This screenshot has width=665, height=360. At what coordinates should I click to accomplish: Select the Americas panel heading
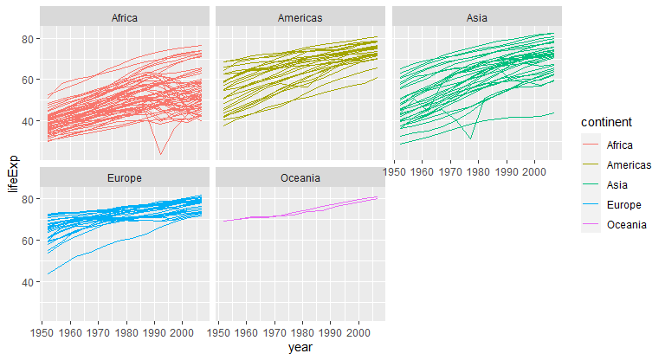(300, 17)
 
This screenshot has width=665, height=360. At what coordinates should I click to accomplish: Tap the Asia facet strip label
(478, 17)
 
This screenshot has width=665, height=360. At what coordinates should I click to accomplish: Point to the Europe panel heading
(124, 178)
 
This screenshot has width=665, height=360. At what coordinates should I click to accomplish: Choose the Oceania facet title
(300, 178)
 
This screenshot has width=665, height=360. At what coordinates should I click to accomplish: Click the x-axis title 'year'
(300, 348)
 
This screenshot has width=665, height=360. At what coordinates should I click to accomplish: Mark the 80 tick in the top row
(28, 39)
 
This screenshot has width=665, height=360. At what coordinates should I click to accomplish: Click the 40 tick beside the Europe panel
(28, 282)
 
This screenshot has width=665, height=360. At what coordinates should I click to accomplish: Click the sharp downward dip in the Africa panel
(160, 154)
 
